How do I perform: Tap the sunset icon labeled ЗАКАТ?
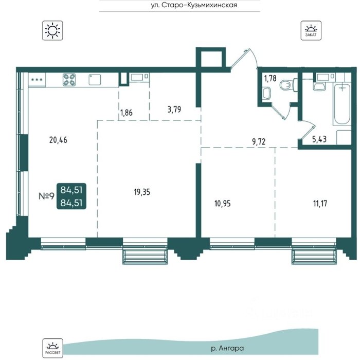(311, 30)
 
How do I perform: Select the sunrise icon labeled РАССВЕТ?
(52, 348)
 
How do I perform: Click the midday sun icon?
(52, 30)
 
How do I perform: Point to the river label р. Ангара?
(227, 348)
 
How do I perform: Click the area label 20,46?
(58, 140)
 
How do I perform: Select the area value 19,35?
(142, 192)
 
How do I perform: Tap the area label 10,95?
(223, 204)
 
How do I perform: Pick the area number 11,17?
(320, 204)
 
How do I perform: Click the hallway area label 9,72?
(259, 141)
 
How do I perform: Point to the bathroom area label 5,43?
(319, 139)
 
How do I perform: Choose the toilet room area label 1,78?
(270, 79)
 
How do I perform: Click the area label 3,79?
(174, 109)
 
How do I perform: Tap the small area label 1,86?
(127, 113)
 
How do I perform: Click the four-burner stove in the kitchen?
(69, 80)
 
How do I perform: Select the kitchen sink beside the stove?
(95, 80)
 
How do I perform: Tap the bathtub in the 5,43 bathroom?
(342, 104)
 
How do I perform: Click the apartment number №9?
(47, 196)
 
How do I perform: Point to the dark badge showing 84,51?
(71, 196)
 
